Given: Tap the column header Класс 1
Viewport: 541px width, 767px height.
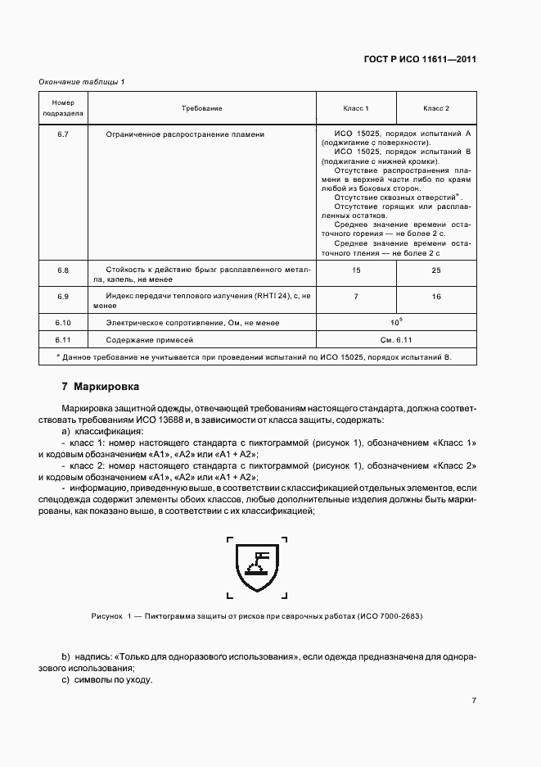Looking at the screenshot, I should [x=356, y=108].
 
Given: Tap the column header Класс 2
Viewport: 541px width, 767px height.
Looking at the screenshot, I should [x=435, y=108].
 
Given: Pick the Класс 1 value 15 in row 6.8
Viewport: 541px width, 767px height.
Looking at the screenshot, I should [x=356, y=270].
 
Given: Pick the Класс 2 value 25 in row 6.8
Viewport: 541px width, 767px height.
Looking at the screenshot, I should [x=435, y=270].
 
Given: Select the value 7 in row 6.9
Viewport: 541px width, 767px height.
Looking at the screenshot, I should [x=356, y=296].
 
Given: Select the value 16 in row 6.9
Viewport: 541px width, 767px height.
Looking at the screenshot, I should [x=435, y=296].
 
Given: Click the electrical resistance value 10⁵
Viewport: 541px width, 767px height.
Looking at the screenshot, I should [x=396, y=321].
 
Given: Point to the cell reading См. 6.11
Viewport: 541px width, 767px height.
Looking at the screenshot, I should [x=396, y=339].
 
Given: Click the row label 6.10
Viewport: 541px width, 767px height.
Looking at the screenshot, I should [x=63, y=323].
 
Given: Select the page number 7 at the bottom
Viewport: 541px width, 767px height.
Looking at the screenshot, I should [x=474, y=700].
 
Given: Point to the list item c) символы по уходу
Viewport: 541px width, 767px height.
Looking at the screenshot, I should [x=107, y=680].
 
